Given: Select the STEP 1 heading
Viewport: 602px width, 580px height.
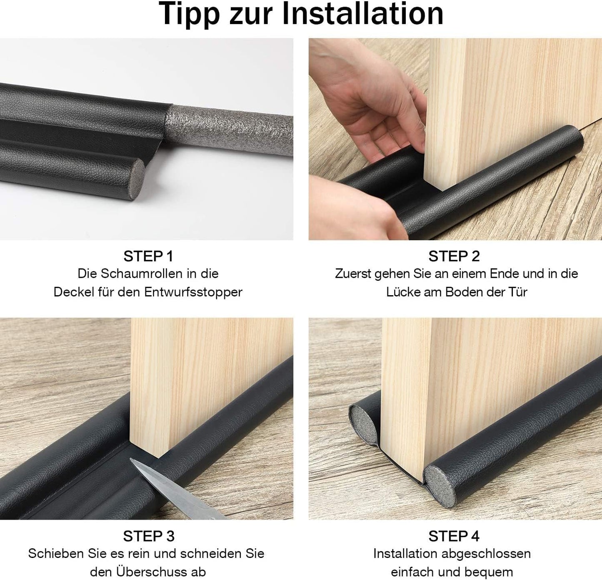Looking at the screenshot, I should (x=148, y=256).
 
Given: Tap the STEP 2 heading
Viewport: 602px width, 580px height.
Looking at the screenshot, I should (x=454, y=256).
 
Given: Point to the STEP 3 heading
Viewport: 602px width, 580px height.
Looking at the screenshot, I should (x=148, y=536).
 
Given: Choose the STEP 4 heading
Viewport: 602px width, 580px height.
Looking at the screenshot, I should (x=454, y=536).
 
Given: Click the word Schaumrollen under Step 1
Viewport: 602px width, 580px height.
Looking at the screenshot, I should (x=142, y=274).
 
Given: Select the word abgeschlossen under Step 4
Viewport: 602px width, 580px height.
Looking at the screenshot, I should (x=486, y=554).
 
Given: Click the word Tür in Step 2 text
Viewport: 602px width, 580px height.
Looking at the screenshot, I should (x=517, y=292).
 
